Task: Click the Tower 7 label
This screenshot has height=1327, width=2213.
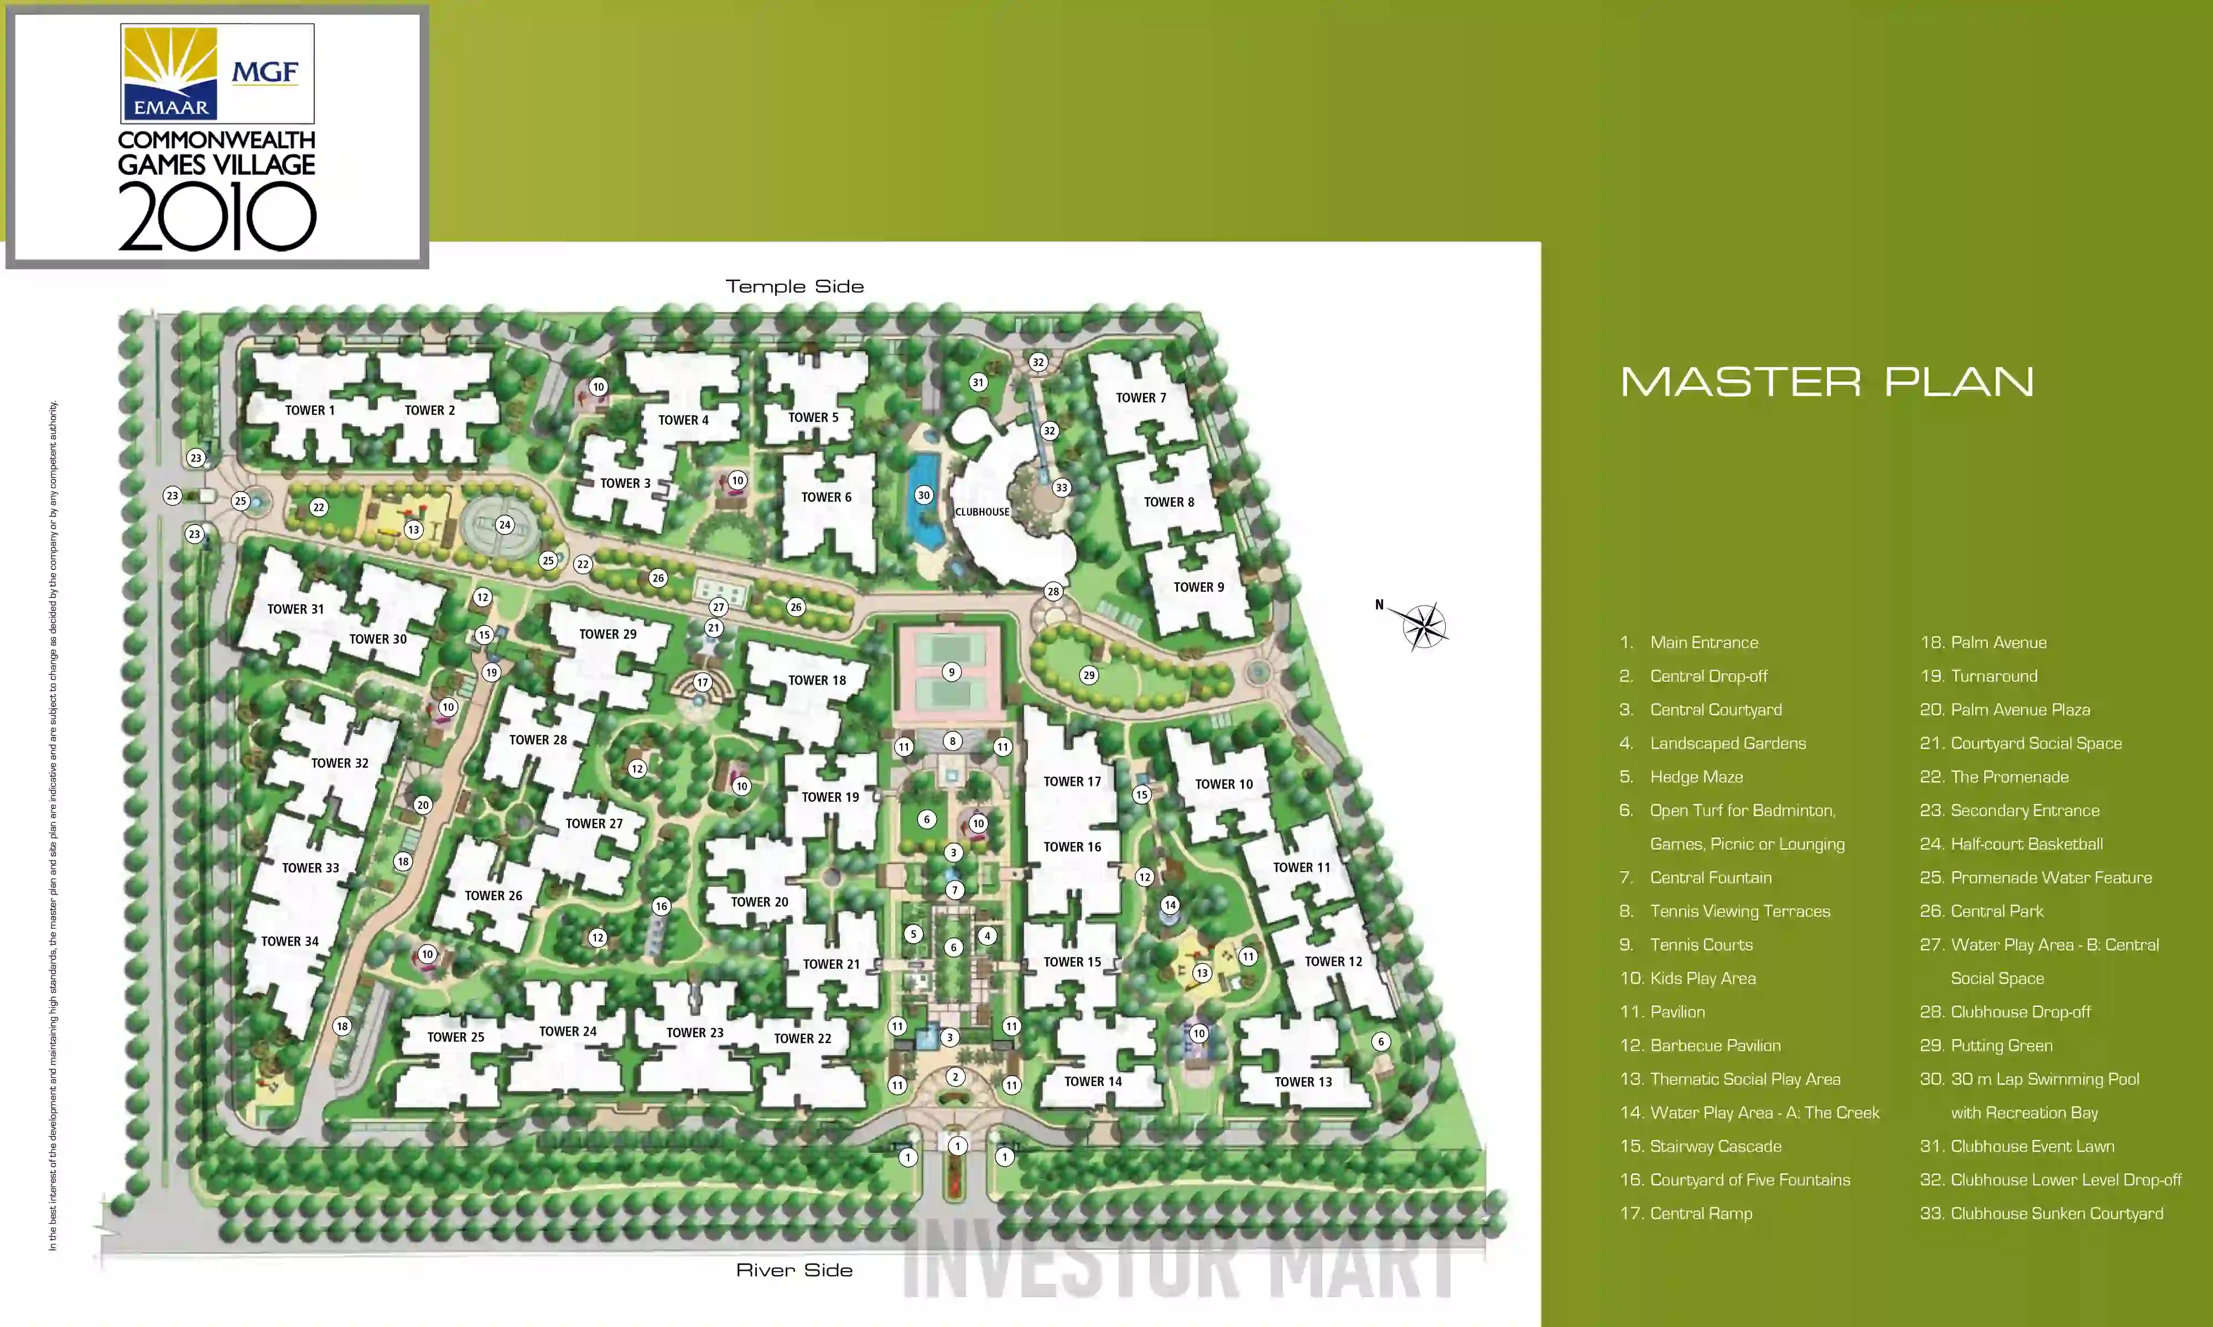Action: (x=1140, y=398)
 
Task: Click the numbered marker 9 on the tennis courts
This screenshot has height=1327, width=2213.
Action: (x=951, y=672)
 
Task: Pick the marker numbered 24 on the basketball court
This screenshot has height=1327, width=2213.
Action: (x=505, y=525)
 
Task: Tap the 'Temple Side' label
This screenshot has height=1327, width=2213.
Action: (x=794, y=287)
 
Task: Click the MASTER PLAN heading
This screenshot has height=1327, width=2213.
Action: (x=1827, y=382)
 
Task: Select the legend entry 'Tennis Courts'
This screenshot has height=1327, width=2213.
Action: (x=1701, y=945)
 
